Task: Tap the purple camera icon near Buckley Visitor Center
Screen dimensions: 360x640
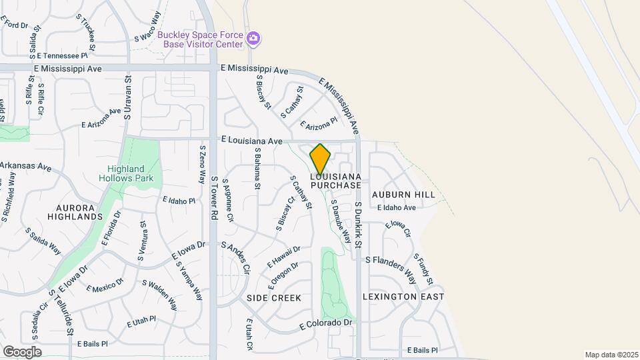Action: [x=253, y=38]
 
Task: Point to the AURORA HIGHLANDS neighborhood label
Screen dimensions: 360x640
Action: [x=75, y=212]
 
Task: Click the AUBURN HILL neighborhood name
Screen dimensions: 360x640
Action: [x=403, y=195]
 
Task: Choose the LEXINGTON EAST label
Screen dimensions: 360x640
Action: [x=403, y=296]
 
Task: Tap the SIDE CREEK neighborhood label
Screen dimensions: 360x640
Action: [x=274, y=298]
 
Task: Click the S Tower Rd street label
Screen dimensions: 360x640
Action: [x=214, y=199]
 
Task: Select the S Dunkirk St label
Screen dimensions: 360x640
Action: [x=358, y=225]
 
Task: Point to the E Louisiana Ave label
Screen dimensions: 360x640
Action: [x=252, y=141]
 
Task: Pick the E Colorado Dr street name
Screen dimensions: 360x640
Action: [x=325, y=324]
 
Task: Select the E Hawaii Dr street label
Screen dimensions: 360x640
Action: [x=284, y=257]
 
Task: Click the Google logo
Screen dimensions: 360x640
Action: [x=22, y=351]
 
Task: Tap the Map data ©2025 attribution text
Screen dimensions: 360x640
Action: [x=610, y=355]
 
